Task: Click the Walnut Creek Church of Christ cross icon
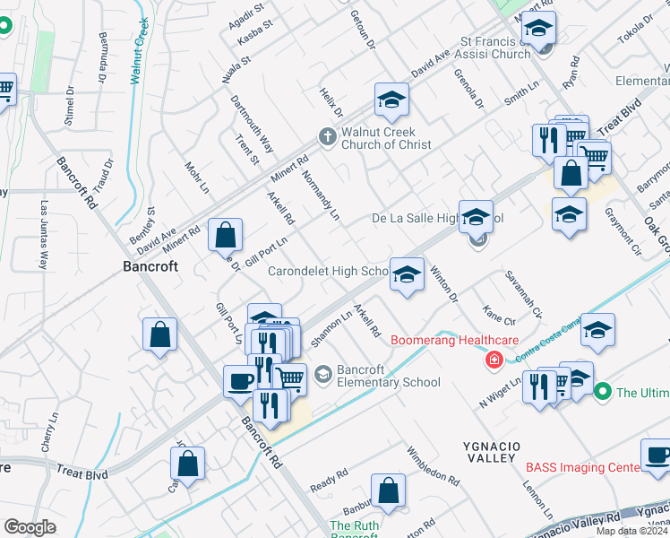(328, 136)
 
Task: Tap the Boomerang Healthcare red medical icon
(493, 360)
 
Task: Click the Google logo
(30, 527)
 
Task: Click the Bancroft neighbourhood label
(150, 266)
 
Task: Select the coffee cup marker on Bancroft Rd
(240, 380)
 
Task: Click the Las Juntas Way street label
(42, 235)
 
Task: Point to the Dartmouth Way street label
(252, 125)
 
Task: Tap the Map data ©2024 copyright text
(631, 531)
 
